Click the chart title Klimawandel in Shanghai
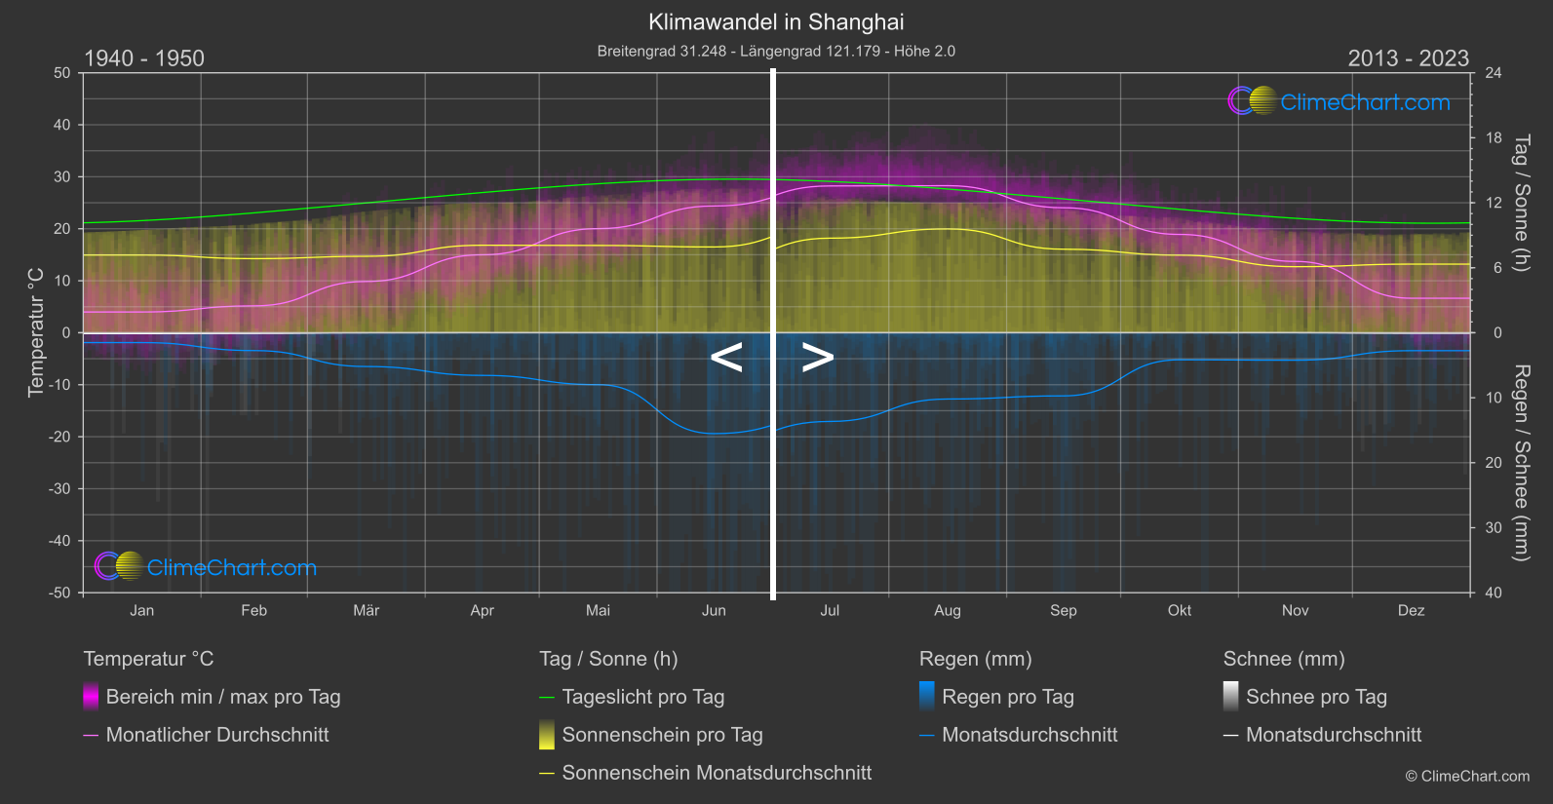(x=776, y=22)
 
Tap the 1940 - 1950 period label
(x=144, y=58)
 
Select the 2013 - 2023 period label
(x=1408, y=58)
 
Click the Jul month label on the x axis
(x=830, y=611)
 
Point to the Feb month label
(x=253, y=611)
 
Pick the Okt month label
(x=1180, y=611)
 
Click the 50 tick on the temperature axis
(x=62, y=73)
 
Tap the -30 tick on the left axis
(x=59, y=489)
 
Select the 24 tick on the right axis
(x=1493, y=73)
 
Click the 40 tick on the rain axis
(x=1493, y=593)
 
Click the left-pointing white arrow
(x=726, y=358)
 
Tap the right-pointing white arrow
(x=818, y=358)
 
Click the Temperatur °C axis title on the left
(x=36, y=332)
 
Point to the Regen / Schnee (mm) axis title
(x=1521, y=463)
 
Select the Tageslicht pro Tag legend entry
(x=642, y=697)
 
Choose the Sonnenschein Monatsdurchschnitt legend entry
(x=716, y=773)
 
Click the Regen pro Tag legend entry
(x=1007, y=697)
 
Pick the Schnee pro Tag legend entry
(x=1315, y=697)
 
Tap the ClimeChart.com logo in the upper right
(x=1339, y=101)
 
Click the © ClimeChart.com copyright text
(x=1467, y=777)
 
